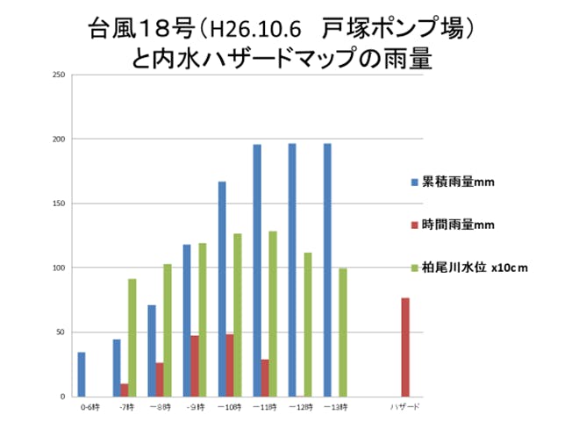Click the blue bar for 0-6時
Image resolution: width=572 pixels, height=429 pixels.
(x=82, y=375)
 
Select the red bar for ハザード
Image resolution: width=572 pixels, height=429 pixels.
(x=405, y=347)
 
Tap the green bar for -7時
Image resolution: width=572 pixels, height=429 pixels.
(x=132, y=338)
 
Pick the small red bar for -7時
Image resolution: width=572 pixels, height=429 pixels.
(x=125, y=390)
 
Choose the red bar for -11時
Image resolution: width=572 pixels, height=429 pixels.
(x=265, y=377)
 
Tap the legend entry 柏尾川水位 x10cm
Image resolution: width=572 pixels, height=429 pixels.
(x=469, y=267)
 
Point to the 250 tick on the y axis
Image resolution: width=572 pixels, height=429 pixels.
(x=59, y=75)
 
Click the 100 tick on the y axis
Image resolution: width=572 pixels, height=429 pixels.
(x=59, y=268)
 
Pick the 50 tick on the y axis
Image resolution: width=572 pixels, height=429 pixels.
(x=61, y=332)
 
